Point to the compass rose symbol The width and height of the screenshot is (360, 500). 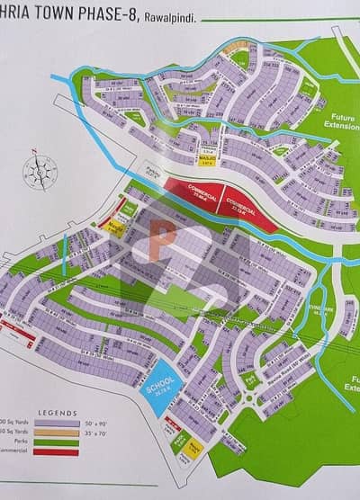[x=40, y=169]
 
